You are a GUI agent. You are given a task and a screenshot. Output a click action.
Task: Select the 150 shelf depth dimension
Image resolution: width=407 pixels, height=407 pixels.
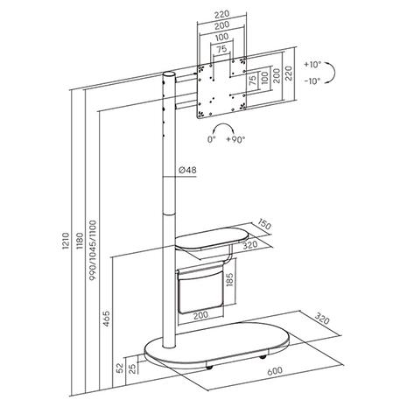pos(265,224)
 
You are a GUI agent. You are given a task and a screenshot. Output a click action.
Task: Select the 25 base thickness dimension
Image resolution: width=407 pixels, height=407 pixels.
pos(131,368)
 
